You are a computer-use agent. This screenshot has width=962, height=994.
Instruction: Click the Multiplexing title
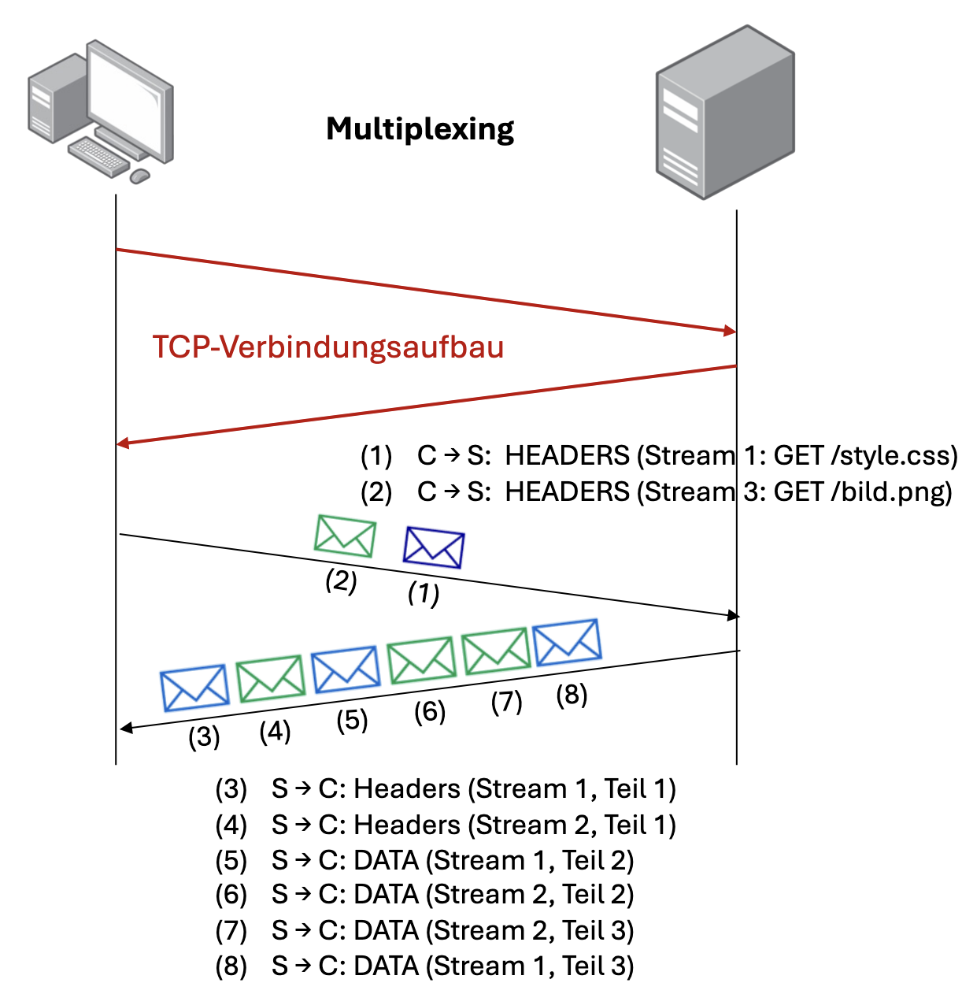click(x=420, y=129)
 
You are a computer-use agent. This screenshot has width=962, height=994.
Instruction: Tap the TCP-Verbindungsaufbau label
click(x=328, y=347)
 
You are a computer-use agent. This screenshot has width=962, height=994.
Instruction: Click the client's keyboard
click(x=98, y=154)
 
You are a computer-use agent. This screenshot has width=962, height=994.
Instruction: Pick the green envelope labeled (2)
click(x=345, y=536)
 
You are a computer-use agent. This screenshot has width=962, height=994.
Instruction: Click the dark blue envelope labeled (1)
click(x=434, y=547)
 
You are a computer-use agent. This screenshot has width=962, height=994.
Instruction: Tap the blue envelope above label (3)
click(x=194, y=688)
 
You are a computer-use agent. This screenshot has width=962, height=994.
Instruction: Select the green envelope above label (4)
click(x=271, y=678)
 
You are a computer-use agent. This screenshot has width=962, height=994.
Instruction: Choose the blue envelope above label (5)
click(x=346, y=669)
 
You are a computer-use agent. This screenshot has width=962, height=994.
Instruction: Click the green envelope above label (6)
click(x=422, y=660)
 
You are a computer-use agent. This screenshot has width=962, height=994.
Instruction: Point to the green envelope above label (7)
click(x=495, y=651)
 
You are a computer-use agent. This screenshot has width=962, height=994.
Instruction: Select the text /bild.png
click(x=890, y=492)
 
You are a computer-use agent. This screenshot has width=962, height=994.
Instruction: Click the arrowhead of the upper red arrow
click(x=730, y=331)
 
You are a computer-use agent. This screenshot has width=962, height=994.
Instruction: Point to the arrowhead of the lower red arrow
click(x=123, y=443)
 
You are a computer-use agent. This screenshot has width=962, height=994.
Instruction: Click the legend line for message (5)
click(x=425, y=861)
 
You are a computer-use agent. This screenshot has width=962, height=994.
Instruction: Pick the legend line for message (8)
click(x=425, y=966)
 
